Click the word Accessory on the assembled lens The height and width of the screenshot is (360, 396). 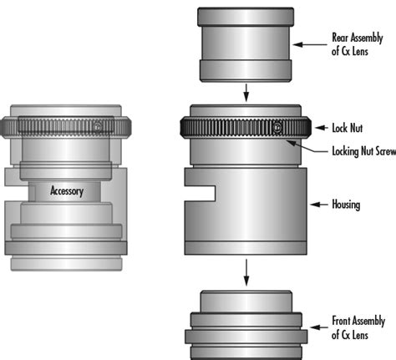[x=67, y=191]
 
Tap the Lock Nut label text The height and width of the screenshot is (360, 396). [x=348, y=128]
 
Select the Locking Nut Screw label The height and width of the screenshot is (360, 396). [x=364, y=151]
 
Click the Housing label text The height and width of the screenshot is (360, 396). [x=346, y=205]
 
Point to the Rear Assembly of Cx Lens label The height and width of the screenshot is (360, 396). [x=358, y=44]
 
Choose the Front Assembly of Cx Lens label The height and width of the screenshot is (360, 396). [x=358, y=327]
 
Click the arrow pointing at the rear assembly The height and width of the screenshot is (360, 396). [x=310, y=44]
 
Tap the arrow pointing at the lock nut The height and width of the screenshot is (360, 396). [x=322, y=128]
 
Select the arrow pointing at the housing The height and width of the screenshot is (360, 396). [x=319, y=205]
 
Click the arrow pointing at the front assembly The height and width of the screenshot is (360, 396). [x=319, y=327]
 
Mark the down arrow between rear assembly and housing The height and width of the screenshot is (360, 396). [x=246, y=93]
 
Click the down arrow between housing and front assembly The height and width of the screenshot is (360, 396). [x=246, y=272]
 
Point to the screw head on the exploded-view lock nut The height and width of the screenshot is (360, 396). [x=277, y=128]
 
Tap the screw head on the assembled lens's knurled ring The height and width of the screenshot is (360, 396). [x=97, y=127]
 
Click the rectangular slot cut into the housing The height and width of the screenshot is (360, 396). [x=200, y=193]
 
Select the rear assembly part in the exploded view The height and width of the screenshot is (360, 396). [x=246, y=45]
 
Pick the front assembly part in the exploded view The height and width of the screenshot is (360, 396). [x=246, y=325]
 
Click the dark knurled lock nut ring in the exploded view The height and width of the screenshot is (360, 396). [x=246, y=128]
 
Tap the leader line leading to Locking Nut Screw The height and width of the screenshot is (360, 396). [x=307, y=147]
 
